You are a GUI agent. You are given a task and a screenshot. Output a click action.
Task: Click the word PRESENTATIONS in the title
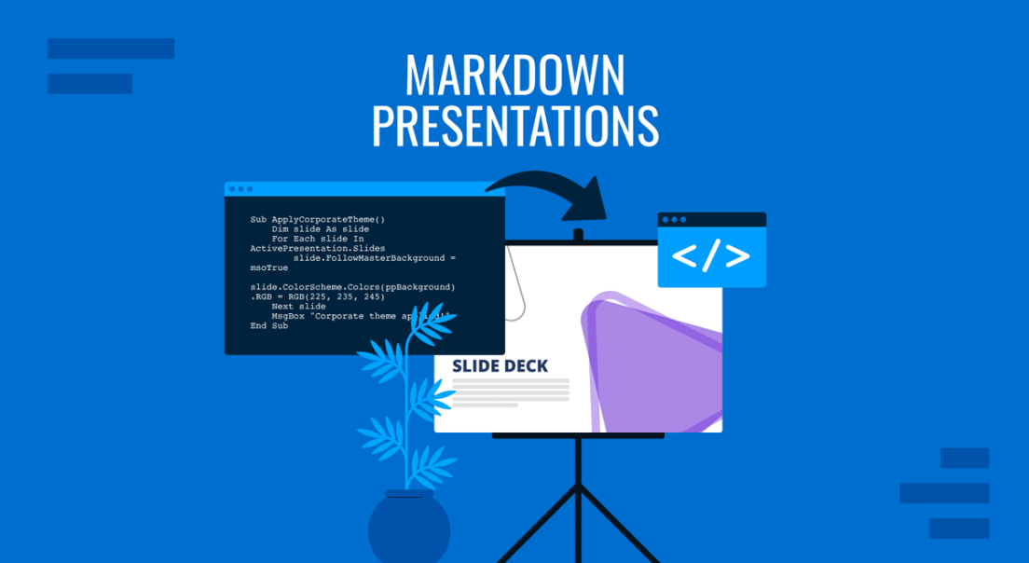[514, 126]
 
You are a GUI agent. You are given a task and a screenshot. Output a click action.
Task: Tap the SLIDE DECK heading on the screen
[500, 366]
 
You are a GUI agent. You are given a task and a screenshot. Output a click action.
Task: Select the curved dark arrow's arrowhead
[587, 199]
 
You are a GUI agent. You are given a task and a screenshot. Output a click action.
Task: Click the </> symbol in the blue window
[711, 255]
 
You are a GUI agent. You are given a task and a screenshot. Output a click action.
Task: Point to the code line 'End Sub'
[269, 326]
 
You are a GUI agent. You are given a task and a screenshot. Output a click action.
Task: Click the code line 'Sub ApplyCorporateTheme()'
[318, 220]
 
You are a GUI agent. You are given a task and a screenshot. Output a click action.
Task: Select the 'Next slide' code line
[298, 306]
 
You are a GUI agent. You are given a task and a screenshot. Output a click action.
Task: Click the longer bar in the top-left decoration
[111, 48]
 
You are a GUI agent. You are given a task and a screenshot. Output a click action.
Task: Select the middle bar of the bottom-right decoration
[943, 493]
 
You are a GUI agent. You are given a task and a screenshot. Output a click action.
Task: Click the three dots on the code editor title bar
[240, 189]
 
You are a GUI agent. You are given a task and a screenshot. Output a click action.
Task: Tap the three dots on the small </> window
[673, 220]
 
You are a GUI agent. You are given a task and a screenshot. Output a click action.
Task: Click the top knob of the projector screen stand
[578, 234]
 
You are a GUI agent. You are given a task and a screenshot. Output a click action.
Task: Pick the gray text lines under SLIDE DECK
[510, 391]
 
